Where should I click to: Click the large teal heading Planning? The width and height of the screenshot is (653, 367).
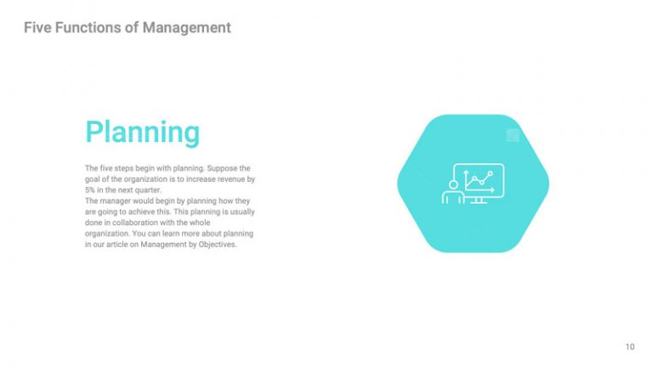coord(142,133)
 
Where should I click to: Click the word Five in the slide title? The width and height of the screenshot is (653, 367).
coord(38,28)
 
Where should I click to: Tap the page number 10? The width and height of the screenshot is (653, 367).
coord(629,347)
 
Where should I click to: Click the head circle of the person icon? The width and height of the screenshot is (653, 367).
coord(453,183)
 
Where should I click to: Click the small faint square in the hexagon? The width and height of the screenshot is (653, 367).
coord(513,134)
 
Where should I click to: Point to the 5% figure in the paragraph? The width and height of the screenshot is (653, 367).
coord(90,190)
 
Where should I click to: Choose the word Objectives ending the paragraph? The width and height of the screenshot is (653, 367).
coord(217,245)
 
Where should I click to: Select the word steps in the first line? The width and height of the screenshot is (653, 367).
coord(124,168)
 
